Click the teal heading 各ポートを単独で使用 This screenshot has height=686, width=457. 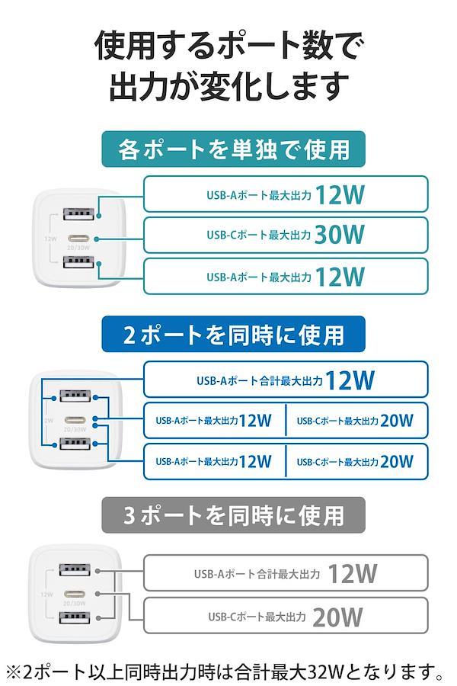(234, 149)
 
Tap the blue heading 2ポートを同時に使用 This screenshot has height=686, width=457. (234, 335)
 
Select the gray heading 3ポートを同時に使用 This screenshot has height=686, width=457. (234, 515)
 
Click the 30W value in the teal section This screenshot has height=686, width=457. (340, 235)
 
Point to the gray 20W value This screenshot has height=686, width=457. (337, 617)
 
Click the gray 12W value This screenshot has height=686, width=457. (352, 573)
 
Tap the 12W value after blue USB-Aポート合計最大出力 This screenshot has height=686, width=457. (350, 380)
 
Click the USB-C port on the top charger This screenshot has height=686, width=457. (78, 239)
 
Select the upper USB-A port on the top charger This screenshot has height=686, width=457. (78, 214)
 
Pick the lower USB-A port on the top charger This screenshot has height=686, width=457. (78, 261)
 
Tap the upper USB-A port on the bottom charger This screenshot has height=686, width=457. (75, 569)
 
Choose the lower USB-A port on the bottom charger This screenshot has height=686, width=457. (75, 617)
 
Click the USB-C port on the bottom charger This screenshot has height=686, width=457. (75, 594)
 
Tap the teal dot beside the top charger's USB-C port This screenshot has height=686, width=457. (97, 239)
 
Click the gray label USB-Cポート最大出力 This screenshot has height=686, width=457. (257, 617)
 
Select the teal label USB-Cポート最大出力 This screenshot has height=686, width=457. (258, 235)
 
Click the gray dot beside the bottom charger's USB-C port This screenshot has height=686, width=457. (97, 594)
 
